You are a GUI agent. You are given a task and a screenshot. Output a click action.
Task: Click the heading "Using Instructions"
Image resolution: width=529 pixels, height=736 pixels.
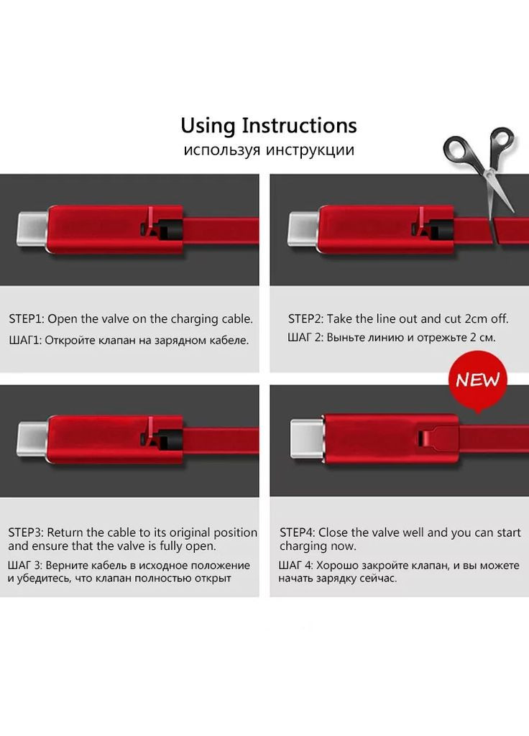tap(269, 126)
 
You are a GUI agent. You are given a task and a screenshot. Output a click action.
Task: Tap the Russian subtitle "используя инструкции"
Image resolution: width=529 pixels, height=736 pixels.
tap(269, 150)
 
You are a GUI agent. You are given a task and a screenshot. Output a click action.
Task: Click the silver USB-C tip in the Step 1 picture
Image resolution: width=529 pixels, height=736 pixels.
tap(33, 229)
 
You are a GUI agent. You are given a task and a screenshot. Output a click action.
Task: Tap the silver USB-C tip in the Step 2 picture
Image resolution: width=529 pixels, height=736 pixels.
tap(303, 229)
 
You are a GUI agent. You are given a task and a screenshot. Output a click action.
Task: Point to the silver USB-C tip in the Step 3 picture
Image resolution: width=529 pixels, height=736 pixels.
tap(33, 439)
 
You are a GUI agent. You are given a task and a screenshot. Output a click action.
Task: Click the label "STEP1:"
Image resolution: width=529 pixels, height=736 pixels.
tap(27, 319)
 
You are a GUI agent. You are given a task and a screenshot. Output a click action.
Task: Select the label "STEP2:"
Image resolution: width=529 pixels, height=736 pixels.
tap(305, 319)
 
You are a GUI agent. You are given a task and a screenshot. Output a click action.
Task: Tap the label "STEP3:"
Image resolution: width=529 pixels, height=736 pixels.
tap(26, 533)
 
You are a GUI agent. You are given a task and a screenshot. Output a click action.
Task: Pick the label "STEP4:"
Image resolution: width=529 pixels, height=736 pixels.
tap(298, 533)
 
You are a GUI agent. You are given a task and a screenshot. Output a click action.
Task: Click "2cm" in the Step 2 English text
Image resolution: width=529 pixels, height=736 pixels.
tap(477, 319)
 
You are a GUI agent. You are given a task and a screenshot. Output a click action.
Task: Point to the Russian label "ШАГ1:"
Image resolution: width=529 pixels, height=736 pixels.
tap(25, 340)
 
